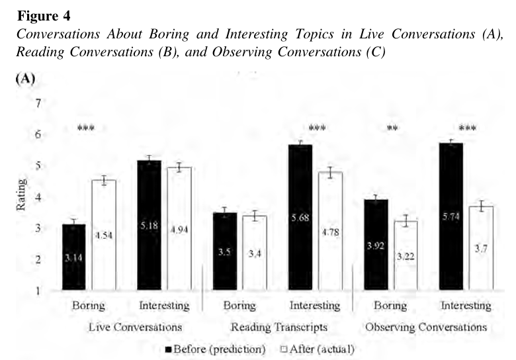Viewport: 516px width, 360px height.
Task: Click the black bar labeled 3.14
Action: point(73,257)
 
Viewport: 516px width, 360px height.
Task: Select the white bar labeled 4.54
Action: point(104,235)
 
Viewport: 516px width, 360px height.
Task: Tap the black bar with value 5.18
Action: point(149,225)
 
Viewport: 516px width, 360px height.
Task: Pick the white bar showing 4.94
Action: point(179,229)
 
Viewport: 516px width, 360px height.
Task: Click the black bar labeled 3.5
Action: point(225,251)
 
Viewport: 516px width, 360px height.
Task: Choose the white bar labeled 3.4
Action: point(255,253)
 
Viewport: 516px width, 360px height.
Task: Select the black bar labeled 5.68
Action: point(300,217)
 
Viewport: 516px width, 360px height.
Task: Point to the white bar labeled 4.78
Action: point(330,231)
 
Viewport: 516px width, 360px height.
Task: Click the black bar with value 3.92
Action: point(376,245)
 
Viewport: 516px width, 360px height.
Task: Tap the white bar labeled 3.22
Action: point(406,255)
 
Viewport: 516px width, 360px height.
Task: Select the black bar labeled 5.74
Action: point(451,216)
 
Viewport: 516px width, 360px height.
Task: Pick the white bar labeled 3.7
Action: point(481,248)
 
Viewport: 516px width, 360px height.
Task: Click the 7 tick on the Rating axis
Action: point(38,103)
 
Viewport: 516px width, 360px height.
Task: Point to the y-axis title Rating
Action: point(21,195)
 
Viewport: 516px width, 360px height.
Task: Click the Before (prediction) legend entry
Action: point(216,349)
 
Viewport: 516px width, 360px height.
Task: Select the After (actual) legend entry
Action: point(318,349)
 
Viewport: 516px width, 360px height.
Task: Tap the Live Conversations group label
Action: point(135,327)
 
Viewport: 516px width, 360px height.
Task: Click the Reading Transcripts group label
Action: point(279,327)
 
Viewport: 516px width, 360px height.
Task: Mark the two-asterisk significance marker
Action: point(392,128)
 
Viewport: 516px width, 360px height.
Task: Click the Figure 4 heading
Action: point(44,15)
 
